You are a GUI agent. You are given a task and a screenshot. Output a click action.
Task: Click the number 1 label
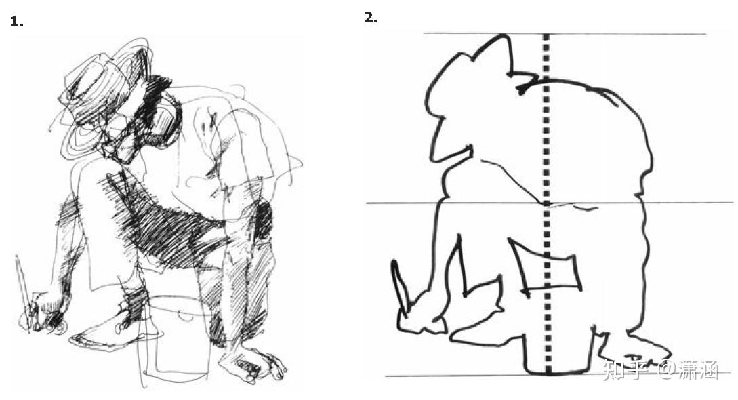point(16,22)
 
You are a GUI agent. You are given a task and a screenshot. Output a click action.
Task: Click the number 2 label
point(371,18)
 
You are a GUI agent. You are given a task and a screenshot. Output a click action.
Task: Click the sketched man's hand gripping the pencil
point(45,313)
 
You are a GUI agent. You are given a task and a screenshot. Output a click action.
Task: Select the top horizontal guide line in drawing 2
point(565,33)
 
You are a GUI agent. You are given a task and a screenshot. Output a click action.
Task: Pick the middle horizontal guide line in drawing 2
point(550,203)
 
